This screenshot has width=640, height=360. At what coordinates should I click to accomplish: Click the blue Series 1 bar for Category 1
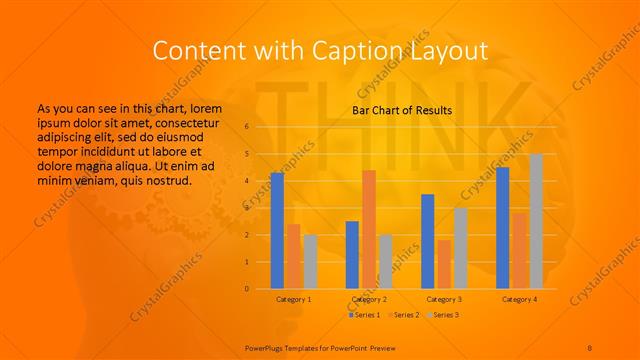coord(277,231)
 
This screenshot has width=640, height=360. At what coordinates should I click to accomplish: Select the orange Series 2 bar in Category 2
coord(369,230)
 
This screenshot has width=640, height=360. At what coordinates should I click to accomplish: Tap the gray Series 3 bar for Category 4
coord(536,222)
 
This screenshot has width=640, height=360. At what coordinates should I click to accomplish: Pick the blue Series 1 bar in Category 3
coord(428,242)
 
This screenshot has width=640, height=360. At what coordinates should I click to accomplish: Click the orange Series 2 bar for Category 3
coord(444,265)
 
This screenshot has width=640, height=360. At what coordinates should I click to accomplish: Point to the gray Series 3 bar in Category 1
coord(310,262)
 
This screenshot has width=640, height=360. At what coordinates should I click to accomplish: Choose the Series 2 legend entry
coord(402,315)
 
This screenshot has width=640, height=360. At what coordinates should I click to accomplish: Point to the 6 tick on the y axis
coord(247,127)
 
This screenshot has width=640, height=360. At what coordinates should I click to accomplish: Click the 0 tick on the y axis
coord(247,289)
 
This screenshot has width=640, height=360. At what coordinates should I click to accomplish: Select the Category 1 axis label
coord(293,299)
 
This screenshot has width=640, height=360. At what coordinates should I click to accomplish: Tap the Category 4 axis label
coord(519,299)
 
